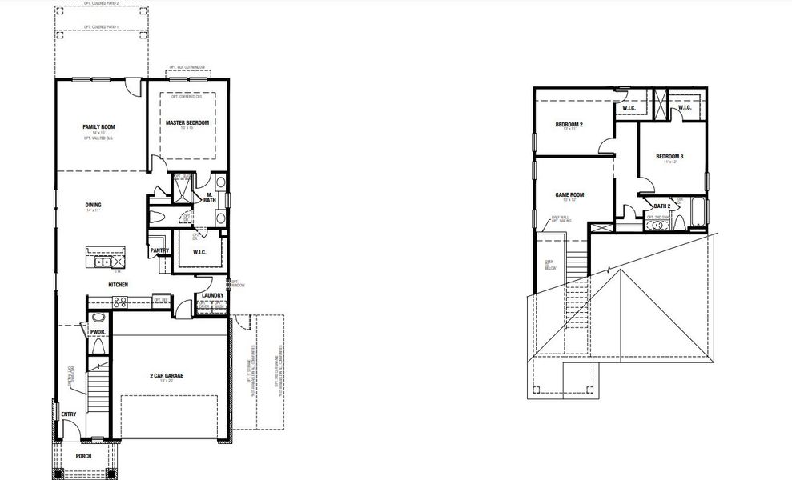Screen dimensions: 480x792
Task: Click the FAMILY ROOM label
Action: coord(99,127)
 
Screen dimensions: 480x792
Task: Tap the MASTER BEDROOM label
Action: coord(187,122)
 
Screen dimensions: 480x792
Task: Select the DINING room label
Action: coord(93,204)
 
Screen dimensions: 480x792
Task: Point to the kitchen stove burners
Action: coord(121,302)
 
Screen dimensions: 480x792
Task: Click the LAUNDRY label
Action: coord(212,295)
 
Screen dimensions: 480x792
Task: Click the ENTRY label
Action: coord(68,414)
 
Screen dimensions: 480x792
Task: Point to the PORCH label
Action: coord(83,456)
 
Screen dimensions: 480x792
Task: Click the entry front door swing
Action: coord(71,430)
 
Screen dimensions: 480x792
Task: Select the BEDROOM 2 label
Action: coord(569,124)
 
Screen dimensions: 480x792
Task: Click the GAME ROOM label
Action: coord(569,194)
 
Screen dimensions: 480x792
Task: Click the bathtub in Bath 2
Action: coord(694,217)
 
